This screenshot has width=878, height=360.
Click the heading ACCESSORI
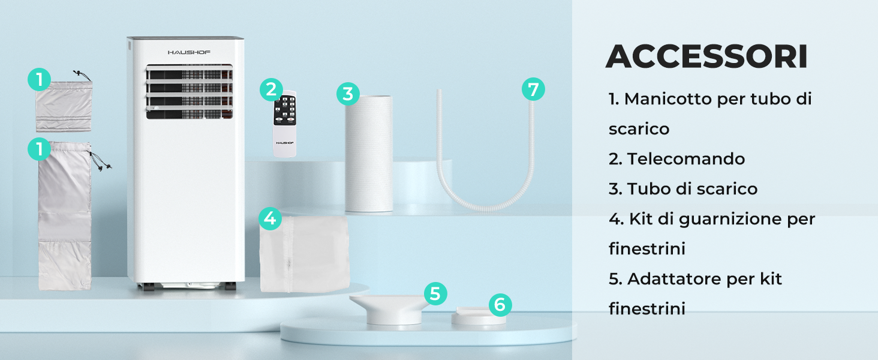[x=706, y=57]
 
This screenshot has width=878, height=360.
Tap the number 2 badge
[x=271, y=90]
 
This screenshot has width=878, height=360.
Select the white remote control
[x=285, y=124]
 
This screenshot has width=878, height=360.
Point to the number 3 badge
[x=348, y=94]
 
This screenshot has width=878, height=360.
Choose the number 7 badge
[x=533, y=89]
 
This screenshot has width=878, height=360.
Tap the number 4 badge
[x=270, y=218]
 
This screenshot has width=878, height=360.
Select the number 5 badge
[x=435, y=294]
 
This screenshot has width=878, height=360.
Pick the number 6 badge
[x=500, y=305]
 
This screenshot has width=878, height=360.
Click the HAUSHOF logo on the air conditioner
[x=189, y=52]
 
